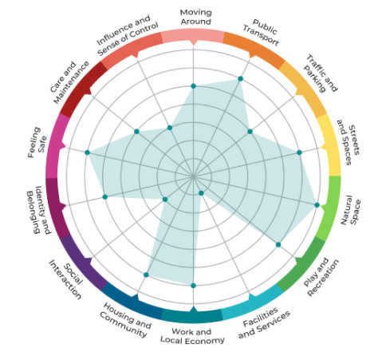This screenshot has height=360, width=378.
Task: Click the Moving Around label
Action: tap(195, 17)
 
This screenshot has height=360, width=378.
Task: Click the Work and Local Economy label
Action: tap(193, 336)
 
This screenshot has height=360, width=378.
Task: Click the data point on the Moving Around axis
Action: tap(193, 86)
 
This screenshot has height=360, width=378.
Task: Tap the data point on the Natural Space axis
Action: tap(317, 205)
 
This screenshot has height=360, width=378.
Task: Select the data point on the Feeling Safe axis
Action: tap(88, 152)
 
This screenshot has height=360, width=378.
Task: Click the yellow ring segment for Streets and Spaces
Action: tap(329, 144)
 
